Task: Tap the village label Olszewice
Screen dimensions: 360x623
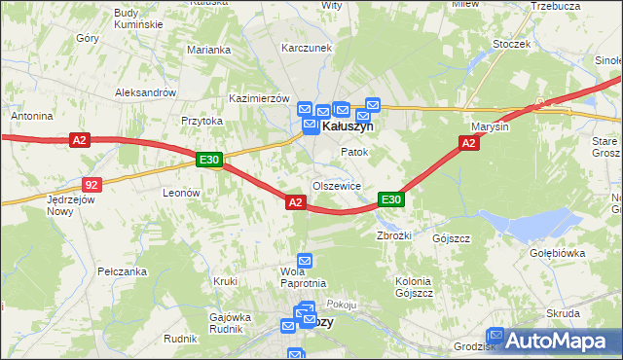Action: click(x=337, y=185)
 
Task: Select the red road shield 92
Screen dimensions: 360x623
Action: click(x=91, y=183)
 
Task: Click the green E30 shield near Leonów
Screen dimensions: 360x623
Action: click(x=209, y=160)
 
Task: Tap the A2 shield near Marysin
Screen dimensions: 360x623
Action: click(x=468, y=143)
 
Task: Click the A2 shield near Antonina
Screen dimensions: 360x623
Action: click(x=80, y=141)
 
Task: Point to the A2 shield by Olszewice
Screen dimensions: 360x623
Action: click(x=296, y=201)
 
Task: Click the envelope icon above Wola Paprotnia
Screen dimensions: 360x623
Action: click(x=305, y=260)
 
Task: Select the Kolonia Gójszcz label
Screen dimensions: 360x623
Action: click(x=414, y=286)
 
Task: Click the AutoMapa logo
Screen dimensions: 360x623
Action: click(x=555, y=341)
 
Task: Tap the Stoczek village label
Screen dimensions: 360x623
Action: click(x=511, y=44)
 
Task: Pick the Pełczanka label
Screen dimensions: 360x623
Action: click(x=122, y=271)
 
